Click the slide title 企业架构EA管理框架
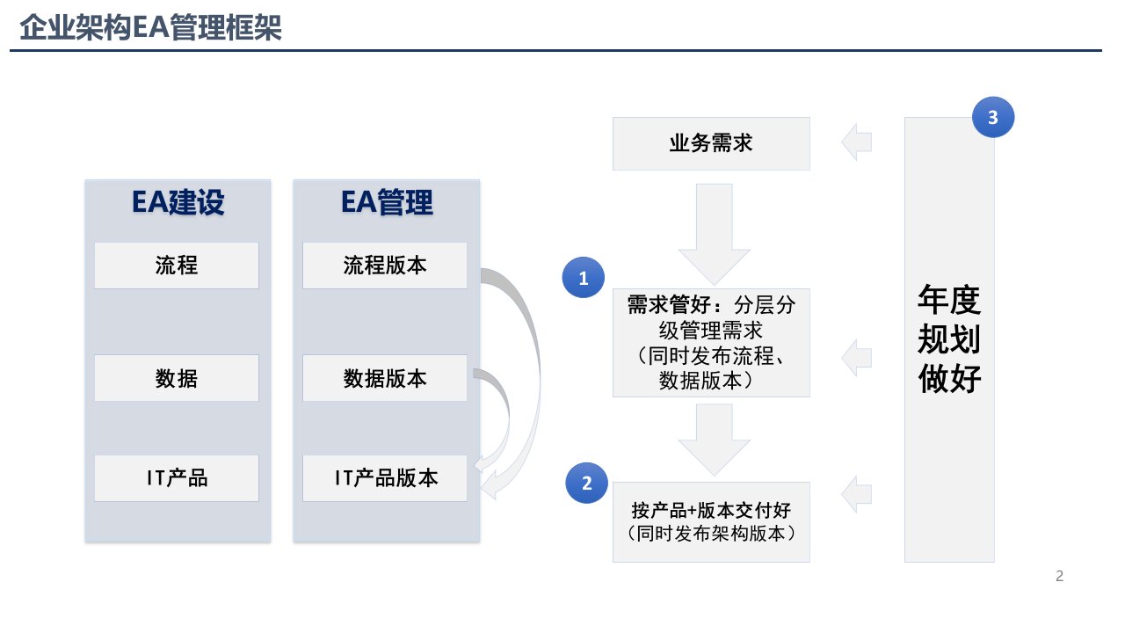pyautogui.click(x=150, y=27)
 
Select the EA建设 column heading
pyautogui.click(x=178, y=202)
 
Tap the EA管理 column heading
pyautogui.click(x=387, y=202)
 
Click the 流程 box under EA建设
pyautogui.click(x=177, y=266)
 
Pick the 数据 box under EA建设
pyautogui.click(x=177, y=378)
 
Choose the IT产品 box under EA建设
pyautogui.click(x=177, y=477)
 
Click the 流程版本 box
pyautogui.click(x=385, y=266)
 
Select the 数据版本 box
pyautogui.click(x=385, y=378)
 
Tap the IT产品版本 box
pyautogui.click(x=385, y=477)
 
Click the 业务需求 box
pyautogui.click(x=711, y=143)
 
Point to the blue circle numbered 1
pyautogui.click(x=583, y=277)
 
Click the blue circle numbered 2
pyautogui.click(x=586, y=483)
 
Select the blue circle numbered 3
pyautogui.click(x=993, y=117)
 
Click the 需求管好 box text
pyautogui.click(x=711, y=343)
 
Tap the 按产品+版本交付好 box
pyautogui.click(x=711, y=522)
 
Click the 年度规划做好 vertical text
pyautogui.click(x=949, y=338)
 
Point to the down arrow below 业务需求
pyautogui.click(x=715, y=234)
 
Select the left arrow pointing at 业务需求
pyautogui.click(x=856, y=142)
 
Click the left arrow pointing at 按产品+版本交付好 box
pyautogui.click(x=856, y=494)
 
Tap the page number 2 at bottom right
pyautogui.click(x=1059, y=576)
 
